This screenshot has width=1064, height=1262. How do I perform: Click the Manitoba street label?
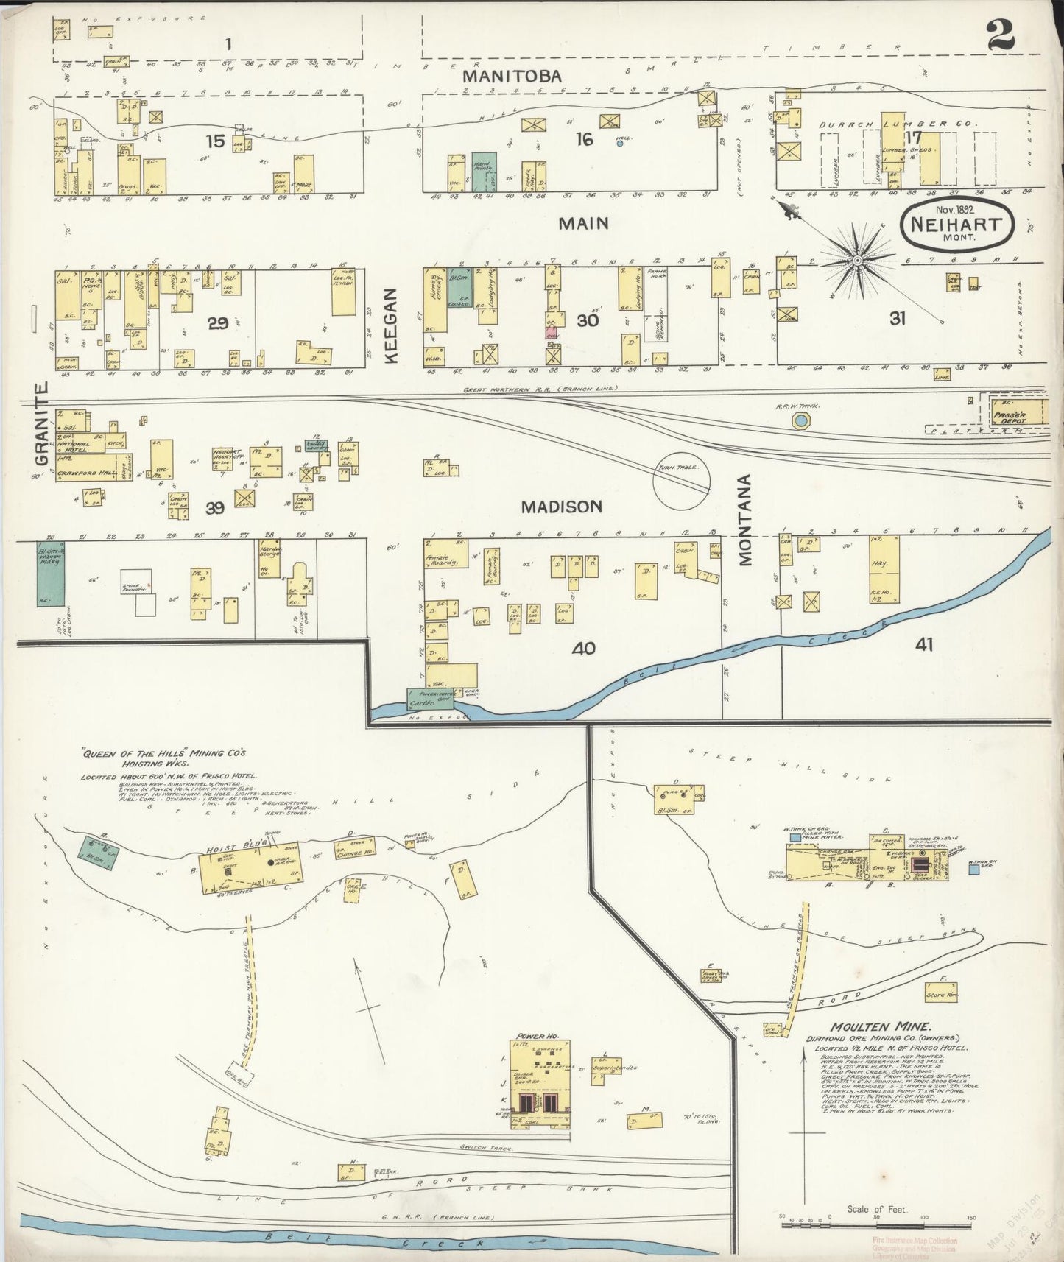(x=512, y=76)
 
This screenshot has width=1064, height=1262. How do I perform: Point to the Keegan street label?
(x=391, y=325)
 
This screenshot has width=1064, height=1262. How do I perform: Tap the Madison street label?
(x=561, y=507)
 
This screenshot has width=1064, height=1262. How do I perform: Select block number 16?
(x=584, y=139)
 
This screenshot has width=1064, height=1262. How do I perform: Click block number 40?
(x=584, y=649)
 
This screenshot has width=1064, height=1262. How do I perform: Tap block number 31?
(x=897, y=319)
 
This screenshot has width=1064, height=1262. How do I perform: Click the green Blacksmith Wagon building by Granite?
(x=50, y=574)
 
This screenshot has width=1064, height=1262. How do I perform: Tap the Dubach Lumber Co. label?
(x=897, y=124)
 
